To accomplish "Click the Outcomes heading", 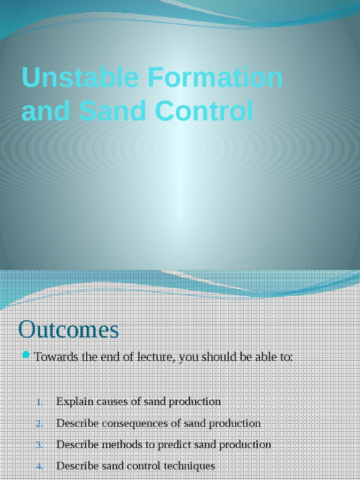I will [x=68, y=330].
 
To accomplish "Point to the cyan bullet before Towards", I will [x=26, y=354].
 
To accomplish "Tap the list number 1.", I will [x=39, y=402].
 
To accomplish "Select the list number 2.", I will [x=39, y=424].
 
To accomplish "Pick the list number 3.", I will [x=39, y=445].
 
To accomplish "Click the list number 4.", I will [x=39, y=466].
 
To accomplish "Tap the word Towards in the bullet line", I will [x=56, y=357].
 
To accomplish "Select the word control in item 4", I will [x=149, y=466].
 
